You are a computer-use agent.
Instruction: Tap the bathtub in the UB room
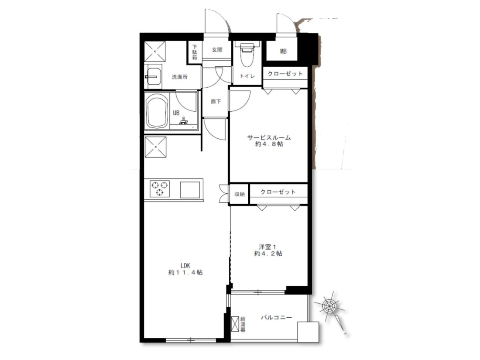click(158, 111)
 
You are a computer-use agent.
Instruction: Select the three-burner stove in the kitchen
click(159, 188)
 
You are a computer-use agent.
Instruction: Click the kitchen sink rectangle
click(190, 190)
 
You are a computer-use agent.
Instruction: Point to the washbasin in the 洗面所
click(154, 76)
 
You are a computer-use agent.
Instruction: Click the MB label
click(284, 51)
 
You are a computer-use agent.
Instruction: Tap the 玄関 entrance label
click(217, 50)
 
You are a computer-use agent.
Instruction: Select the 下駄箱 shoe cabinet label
click(195, 52)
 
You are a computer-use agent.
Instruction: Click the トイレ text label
click(247, 76)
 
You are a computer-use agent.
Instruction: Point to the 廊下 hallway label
click(216, 101)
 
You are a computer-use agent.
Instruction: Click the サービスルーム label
click(269, 137)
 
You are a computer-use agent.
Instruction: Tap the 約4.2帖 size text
click(268, 254)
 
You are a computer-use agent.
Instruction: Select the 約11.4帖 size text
click(185, 272)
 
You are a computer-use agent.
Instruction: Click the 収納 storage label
click(240, 194)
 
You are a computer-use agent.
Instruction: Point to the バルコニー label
click(276, 317)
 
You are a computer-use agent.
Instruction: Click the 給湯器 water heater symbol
click(235, 324)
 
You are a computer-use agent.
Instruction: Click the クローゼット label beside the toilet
click(285, 74)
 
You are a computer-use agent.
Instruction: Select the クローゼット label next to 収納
click(278, 192)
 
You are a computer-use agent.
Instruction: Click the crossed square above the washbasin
click(155, 51)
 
